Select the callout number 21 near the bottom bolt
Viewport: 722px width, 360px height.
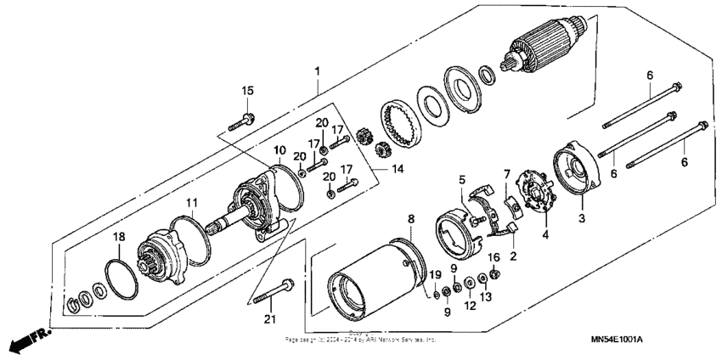tap(270, 319)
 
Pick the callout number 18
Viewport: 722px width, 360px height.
tap(120, 237)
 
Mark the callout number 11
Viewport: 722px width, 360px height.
tap(192, 202)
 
